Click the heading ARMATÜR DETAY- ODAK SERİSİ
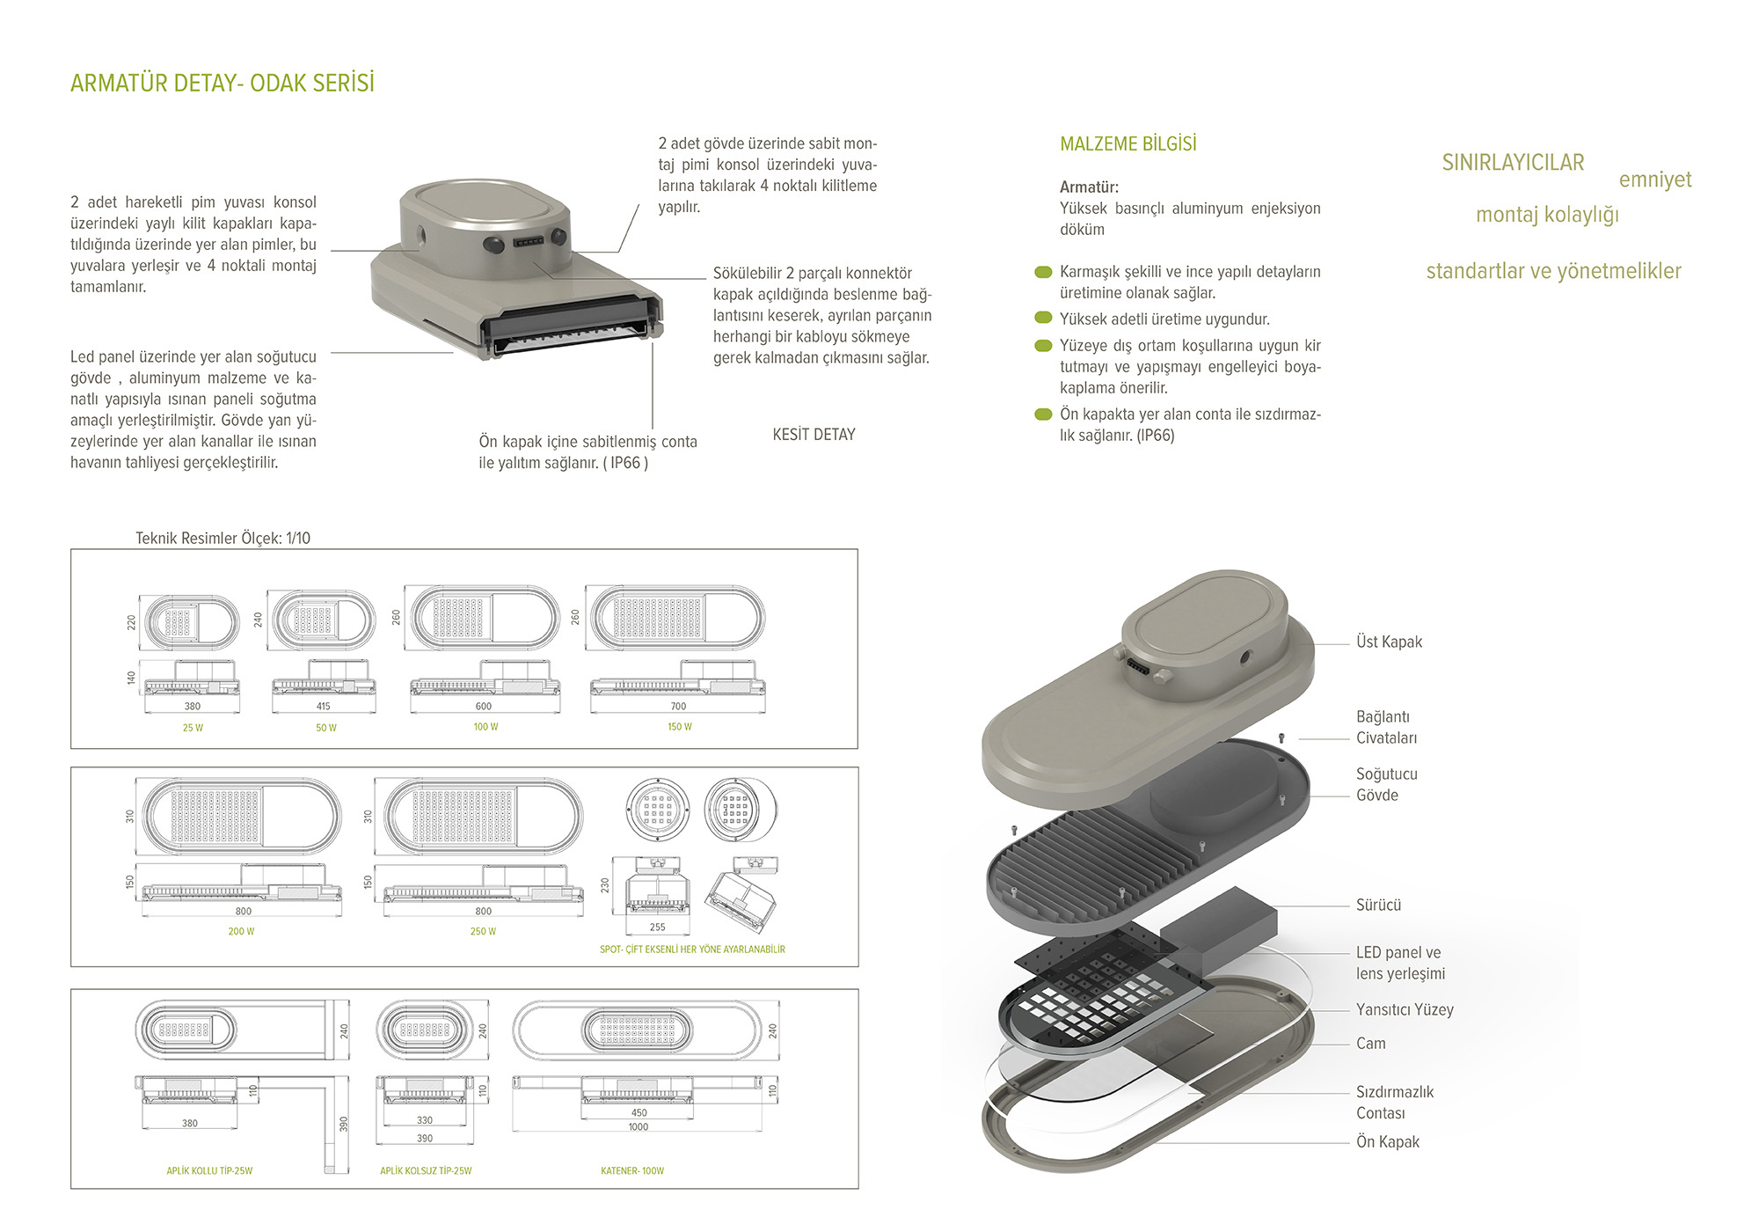pos(223,84)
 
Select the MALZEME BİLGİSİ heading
pos(1128,144)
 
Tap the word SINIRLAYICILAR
pos(1513,163)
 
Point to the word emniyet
pos(1654,180)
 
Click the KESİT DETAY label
pos(814,435)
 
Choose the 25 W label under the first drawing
pos(193,728)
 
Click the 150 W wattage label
pos(679,727)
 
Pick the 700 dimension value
pos(678,706)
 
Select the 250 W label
pos(483,931)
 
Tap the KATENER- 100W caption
pos(632,1170)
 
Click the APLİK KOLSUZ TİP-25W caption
pos(426,1170)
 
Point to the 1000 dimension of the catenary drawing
pos(638,1127)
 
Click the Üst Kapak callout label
pos(1389,642)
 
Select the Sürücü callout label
pos(1378,905)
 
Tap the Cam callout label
pos(1370,1044)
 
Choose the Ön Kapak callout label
pos(1387,1141)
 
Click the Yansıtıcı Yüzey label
pos(1405,1009)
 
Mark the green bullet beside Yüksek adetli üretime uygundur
pos(1043,318)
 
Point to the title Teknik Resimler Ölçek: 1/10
pos(223,538)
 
